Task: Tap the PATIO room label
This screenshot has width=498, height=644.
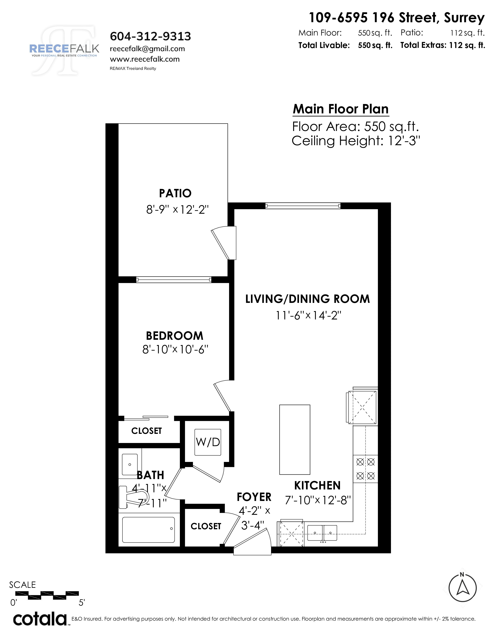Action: point(175,193)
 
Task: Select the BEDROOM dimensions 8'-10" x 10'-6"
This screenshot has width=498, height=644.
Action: point(175,350)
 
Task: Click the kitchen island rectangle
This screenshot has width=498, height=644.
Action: point(295,439)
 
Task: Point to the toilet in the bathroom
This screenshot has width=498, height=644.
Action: point(133,497)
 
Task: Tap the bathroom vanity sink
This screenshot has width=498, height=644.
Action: point(130,464)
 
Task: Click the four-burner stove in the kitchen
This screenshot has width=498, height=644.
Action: point(365,469)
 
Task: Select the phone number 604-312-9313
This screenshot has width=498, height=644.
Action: point(150,36)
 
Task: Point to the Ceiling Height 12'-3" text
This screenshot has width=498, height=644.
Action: point(356,141)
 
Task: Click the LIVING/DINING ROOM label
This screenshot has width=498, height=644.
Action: point(307,299)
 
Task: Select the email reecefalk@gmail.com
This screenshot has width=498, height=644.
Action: point(147,49)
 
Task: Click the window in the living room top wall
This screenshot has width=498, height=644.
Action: point(303,206)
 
